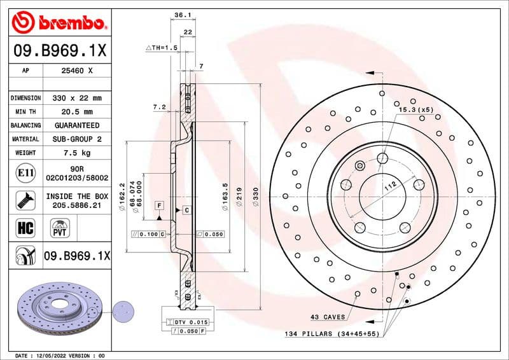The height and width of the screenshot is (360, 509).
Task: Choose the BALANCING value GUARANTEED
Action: coord(77,125)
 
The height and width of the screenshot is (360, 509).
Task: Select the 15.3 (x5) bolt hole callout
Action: coord(415,110)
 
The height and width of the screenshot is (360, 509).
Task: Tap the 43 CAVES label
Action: coord(328,317)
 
